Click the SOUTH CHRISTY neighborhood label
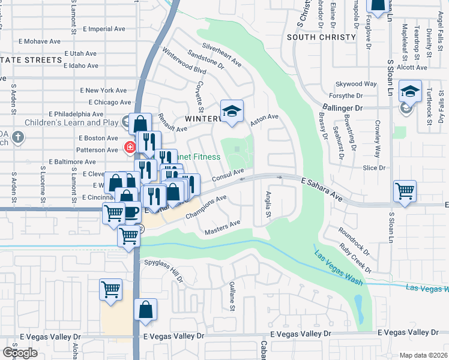[x=321, y=37]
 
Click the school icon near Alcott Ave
[x=410, y=91]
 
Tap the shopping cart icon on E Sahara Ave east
[x=405, y=191]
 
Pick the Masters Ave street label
[x=222, y=227]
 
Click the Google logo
[x=20, y=352]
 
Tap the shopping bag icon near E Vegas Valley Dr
[x=145, y=310]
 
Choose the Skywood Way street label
[x=356, y=84]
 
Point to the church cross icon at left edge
[x=19, y=137]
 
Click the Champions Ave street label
[x=206, y=206]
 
